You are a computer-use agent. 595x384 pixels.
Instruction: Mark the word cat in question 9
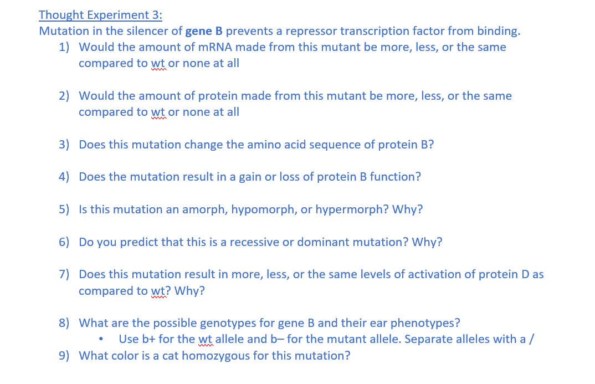coord(171,355)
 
